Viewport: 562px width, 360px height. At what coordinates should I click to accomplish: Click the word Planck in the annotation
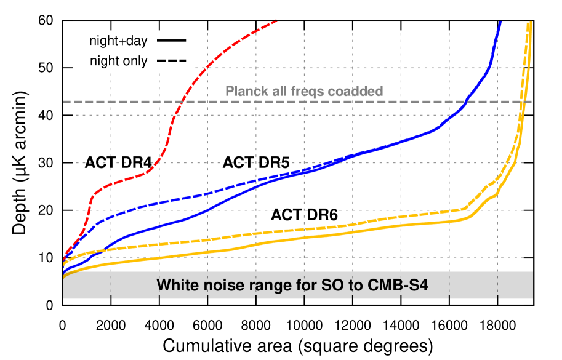[244, 92]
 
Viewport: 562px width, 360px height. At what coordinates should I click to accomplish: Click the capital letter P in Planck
[230, 92]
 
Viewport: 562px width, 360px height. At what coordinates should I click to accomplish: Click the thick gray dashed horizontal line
[123, 102]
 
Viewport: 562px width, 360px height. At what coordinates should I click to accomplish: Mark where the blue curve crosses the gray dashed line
[466, 102]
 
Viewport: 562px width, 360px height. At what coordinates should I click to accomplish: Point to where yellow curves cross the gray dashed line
[523, 102]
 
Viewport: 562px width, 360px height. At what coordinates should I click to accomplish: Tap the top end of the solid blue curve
[500, 22]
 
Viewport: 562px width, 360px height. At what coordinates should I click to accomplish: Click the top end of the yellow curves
[529, 23]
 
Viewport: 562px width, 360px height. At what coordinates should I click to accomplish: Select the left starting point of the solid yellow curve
[63, 278]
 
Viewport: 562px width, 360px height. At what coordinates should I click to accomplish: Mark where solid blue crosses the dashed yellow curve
[102, 250]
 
